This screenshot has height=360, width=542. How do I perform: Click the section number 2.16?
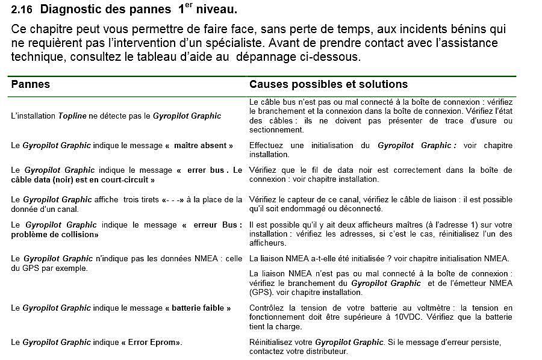(22, 10)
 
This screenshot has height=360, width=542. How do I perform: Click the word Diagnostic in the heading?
(77, 10)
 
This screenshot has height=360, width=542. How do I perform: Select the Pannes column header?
(31, 84)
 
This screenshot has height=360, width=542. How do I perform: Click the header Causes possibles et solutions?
(328, 84)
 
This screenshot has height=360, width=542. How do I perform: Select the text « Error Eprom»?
(151, 343)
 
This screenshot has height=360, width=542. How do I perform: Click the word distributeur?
(323, 351)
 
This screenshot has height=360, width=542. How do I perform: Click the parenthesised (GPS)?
(260, 293)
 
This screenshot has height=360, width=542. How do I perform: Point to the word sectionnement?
(276, 129)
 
